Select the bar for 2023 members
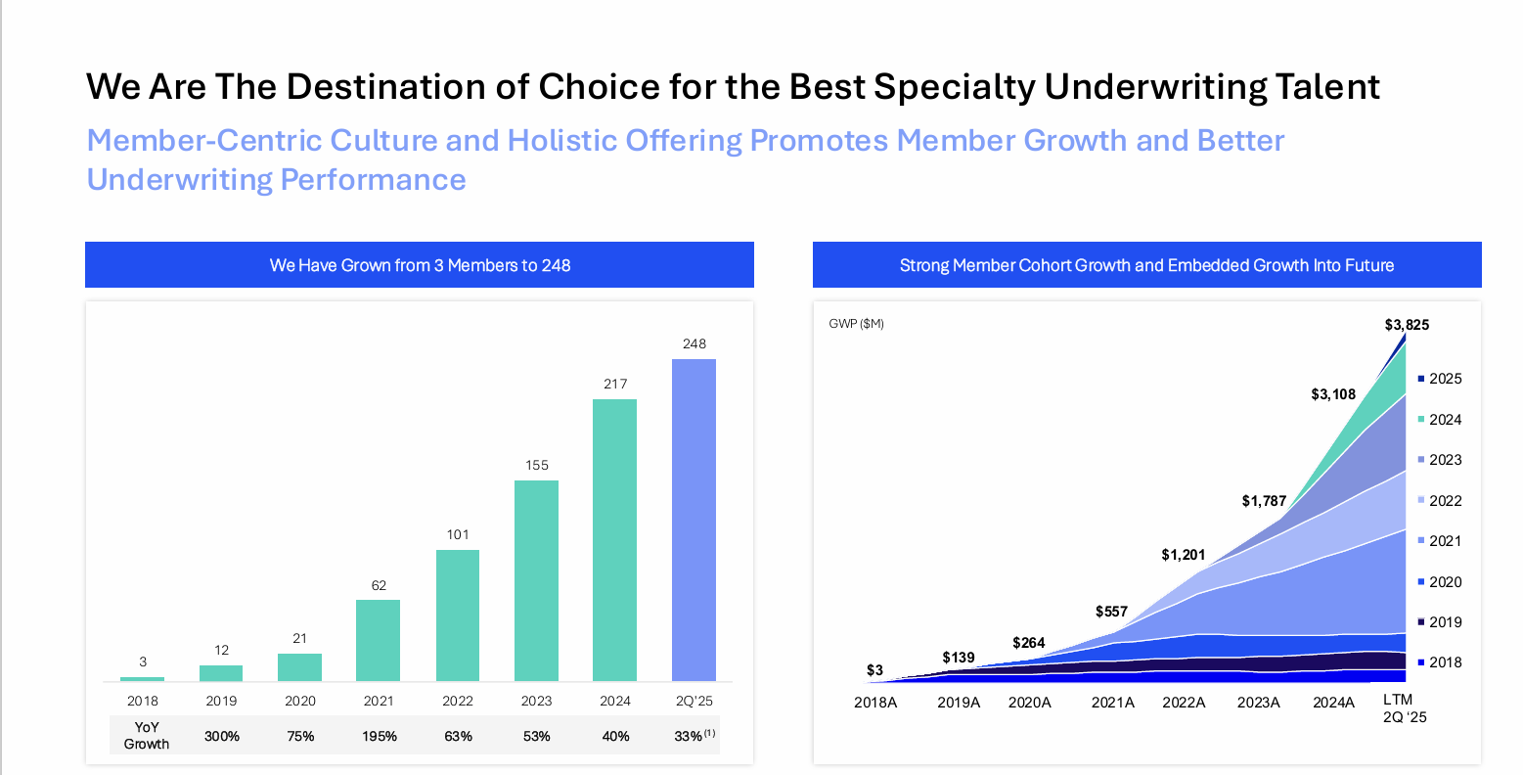(x=536, y=580)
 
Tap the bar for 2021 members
(x=378, y=640)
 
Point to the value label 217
(x=615, y=384)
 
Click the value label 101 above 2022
(x=458, y=534)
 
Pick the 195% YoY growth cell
(x=380, y=736)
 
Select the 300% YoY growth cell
(x=222, y=736)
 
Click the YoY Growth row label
(x=147, y=736)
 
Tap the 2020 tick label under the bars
(x=300, y=701)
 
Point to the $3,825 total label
(x=1407, y=325)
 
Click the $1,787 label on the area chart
(x=1264, y=501)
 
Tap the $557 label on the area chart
(x=1111, y=612)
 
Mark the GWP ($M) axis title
(x=856, y=324)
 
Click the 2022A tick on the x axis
(x=1184, y=703)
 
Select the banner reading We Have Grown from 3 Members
(x=420, y=265)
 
